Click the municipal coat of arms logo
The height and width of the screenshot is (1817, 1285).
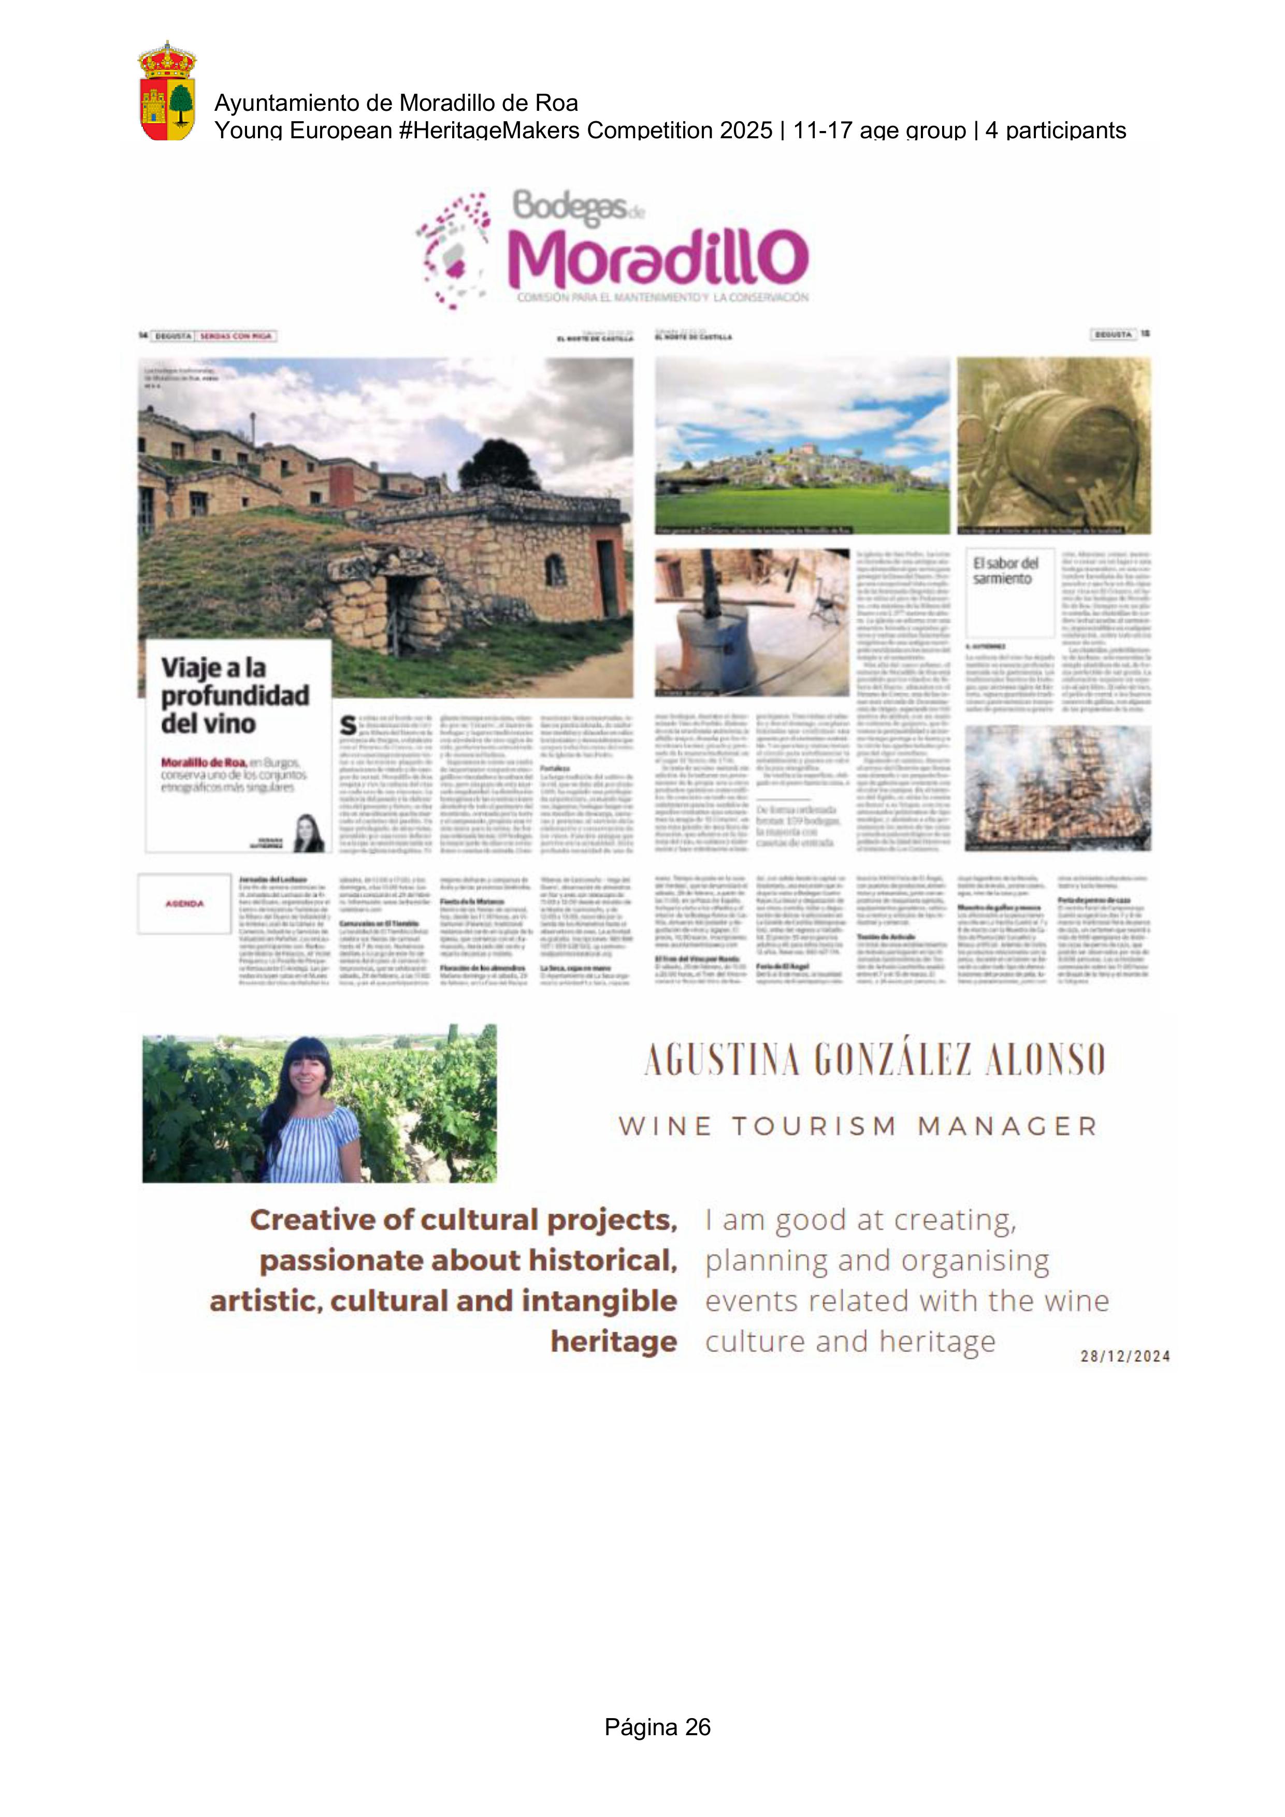pos(167,91)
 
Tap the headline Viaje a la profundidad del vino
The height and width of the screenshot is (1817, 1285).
pos(235,695)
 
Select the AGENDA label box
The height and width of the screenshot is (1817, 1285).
pos(184,903)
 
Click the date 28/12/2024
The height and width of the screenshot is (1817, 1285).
pos(1125,1356)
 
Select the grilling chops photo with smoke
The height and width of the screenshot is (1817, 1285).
pos(1057,788)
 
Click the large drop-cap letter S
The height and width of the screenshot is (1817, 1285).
pos(348,725)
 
